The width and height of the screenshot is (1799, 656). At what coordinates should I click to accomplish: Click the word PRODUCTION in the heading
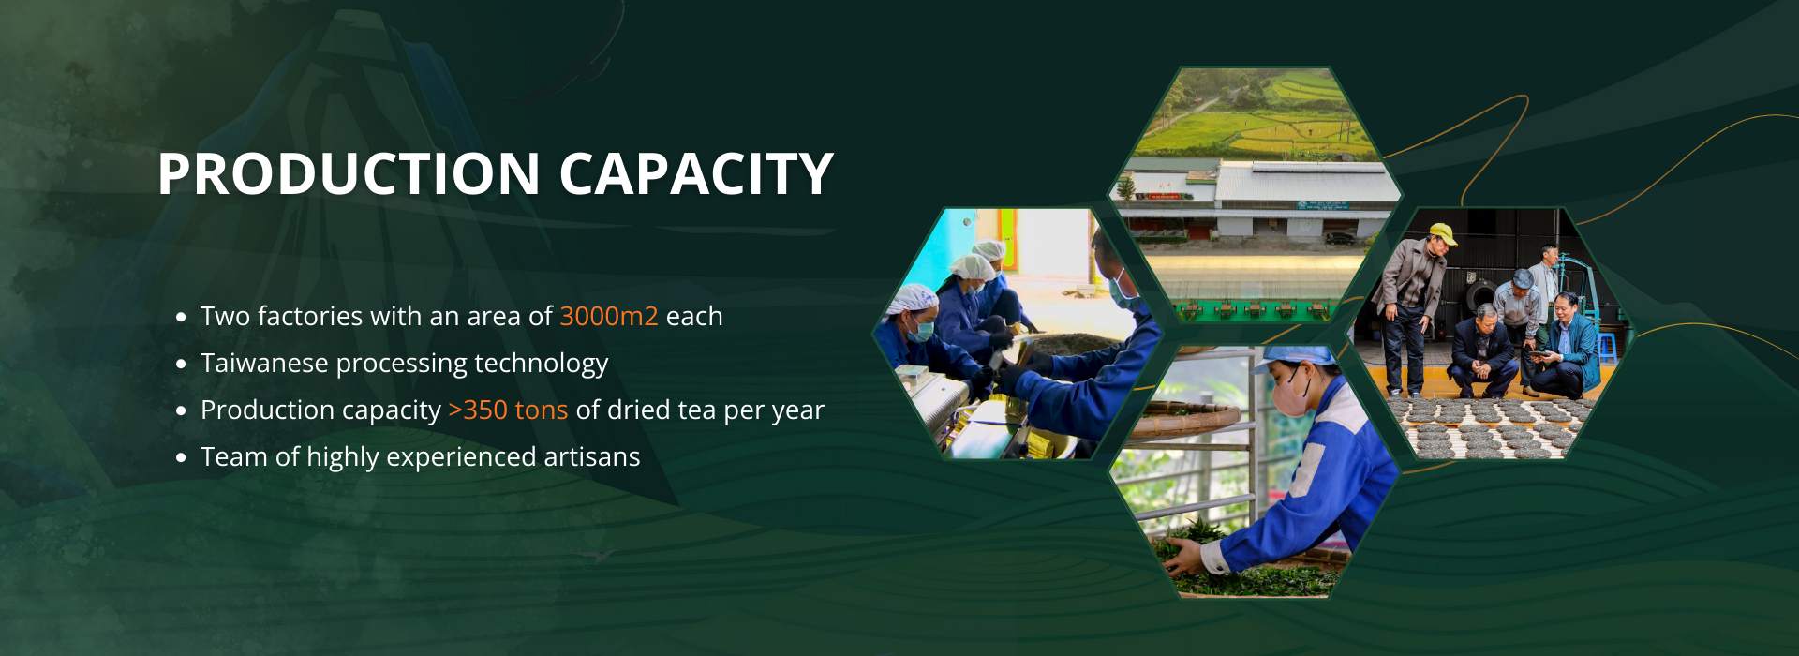[349, 174]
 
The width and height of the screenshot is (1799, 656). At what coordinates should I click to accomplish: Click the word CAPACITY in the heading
[696, 174]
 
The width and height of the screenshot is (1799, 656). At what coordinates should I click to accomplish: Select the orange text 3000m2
[609, 316]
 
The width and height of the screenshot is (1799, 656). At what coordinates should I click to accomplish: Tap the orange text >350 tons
[508, 410]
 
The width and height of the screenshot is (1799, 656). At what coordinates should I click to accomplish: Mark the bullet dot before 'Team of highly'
[181, 458]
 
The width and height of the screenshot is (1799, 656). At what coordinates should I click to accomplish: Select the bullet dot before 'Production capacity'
[181, 411]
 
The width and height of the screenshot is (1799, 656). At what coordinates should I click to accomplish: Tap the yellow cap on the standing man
[1442, 233]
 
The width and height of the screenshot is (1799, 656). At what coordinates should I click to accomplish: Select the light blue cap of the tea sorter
[1299, 355]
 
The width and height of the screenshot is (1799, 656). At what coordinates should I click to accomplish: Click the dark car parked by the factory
[1341, 238]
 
